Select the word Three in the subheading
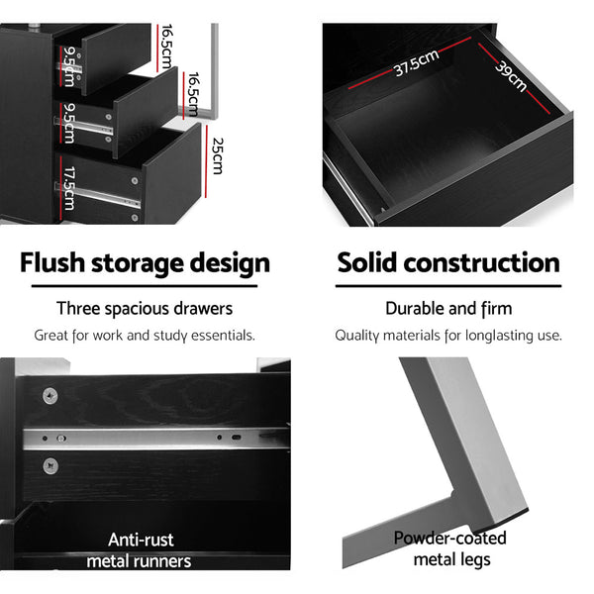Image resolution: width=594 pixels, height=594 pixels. (x=78, y=309)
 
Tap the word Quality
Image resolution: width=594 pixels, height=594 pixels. (x=358, y=336)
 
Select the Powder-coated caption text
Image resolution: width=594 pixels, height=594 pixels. (x=449, y=539)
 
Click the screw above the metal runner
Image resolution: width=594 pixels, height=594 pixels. (x=49, y=395)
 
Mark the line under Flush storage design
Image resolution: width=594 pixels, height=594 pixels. (x=145, y=287)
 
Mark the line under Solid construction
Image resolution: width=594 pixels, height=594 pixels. (x=448, y=287)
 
